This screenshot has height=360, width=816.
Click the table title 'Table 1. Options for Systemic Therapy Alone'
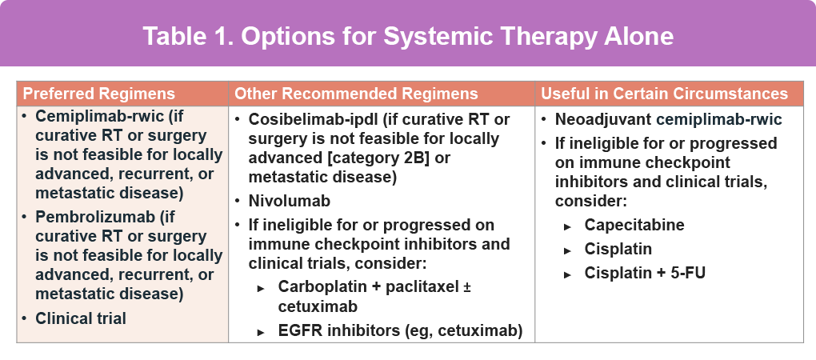[408, 36]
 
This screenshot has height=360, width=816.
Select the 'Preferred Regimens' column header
[99, 94]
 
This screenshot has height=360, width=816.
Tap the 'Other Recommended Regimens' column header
[356, 94]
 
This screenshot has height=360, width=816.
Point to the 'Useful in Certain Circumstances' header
[664, 94]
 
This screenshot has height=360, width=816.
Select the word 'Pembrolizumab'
[94, 217]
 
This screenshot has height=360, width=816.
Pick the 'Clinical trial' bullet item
[81, 318]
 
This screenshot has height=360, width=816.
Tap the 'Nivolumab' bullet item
[290, 201]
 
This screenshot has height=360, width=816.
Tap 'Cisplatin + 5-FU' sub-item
[645, 273]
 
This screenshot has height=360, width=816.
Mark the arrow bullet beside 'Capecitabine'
[568, 227]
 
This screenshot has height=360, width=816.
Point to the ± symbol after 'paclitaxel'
[467, 287]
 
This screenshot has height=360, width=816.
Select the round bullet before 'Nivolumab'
[238, 201]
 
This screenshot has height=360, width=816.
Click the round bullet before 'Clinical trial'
[25, 318]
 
